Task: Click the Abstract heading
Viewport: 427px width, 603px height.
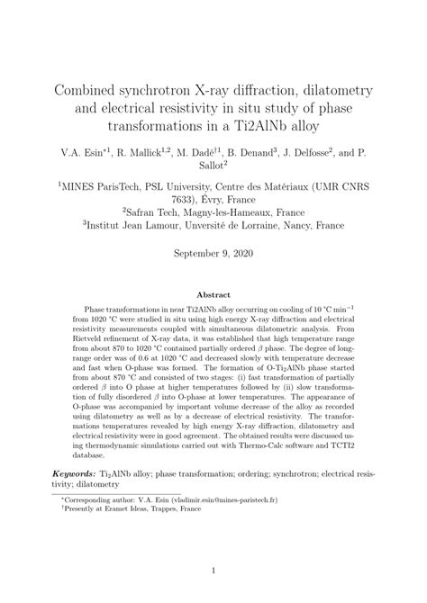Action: pyautogui.click(x=213, y=293)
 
